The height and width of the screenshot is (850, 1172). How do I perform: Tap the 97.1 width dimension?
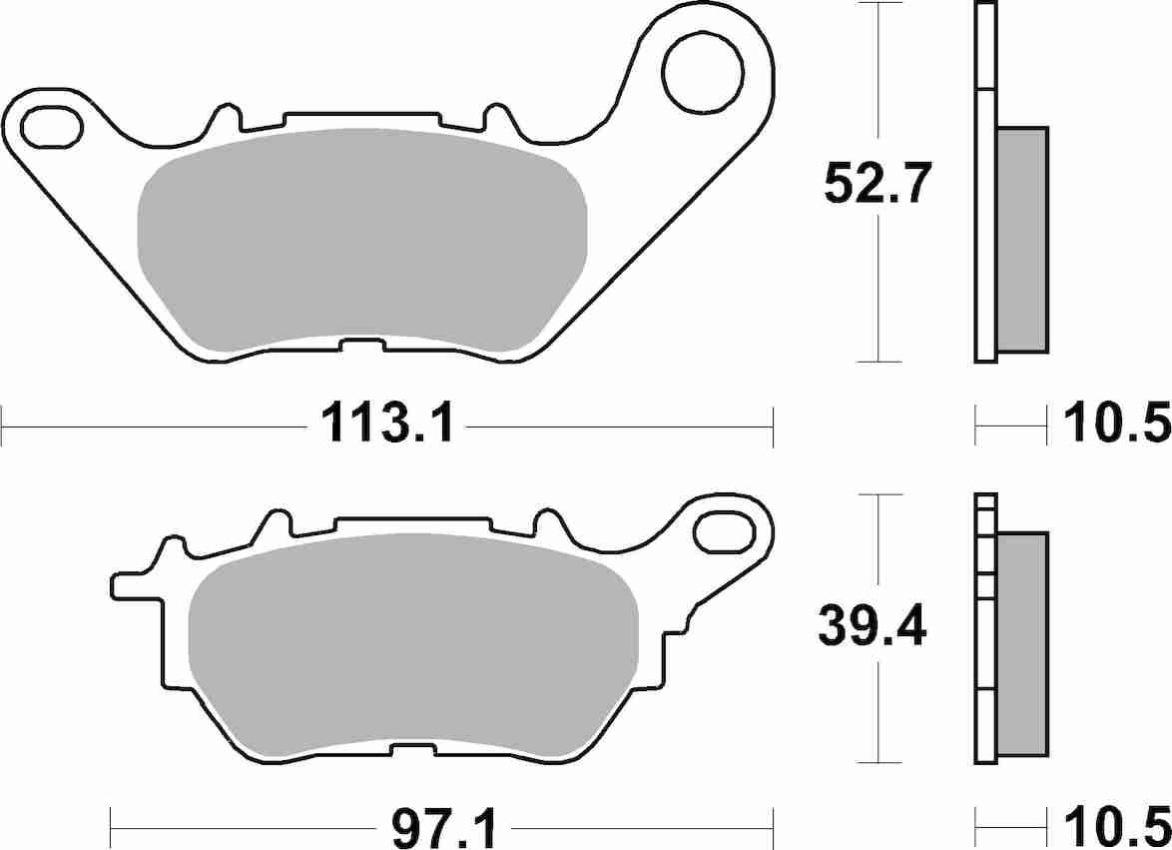444,829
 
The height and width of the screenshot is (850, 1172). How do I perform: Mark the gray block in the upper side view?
1022,240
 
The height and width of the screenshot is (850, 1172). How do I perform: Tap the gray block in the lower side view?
1022,644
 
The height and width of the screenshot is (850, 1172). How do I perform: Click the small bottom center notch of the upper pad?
361,346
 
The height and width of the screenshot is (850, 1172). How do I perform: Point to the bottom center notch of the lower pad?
411,749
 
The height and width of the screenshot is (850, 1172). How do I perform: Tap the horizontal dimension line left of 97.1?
240,829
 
